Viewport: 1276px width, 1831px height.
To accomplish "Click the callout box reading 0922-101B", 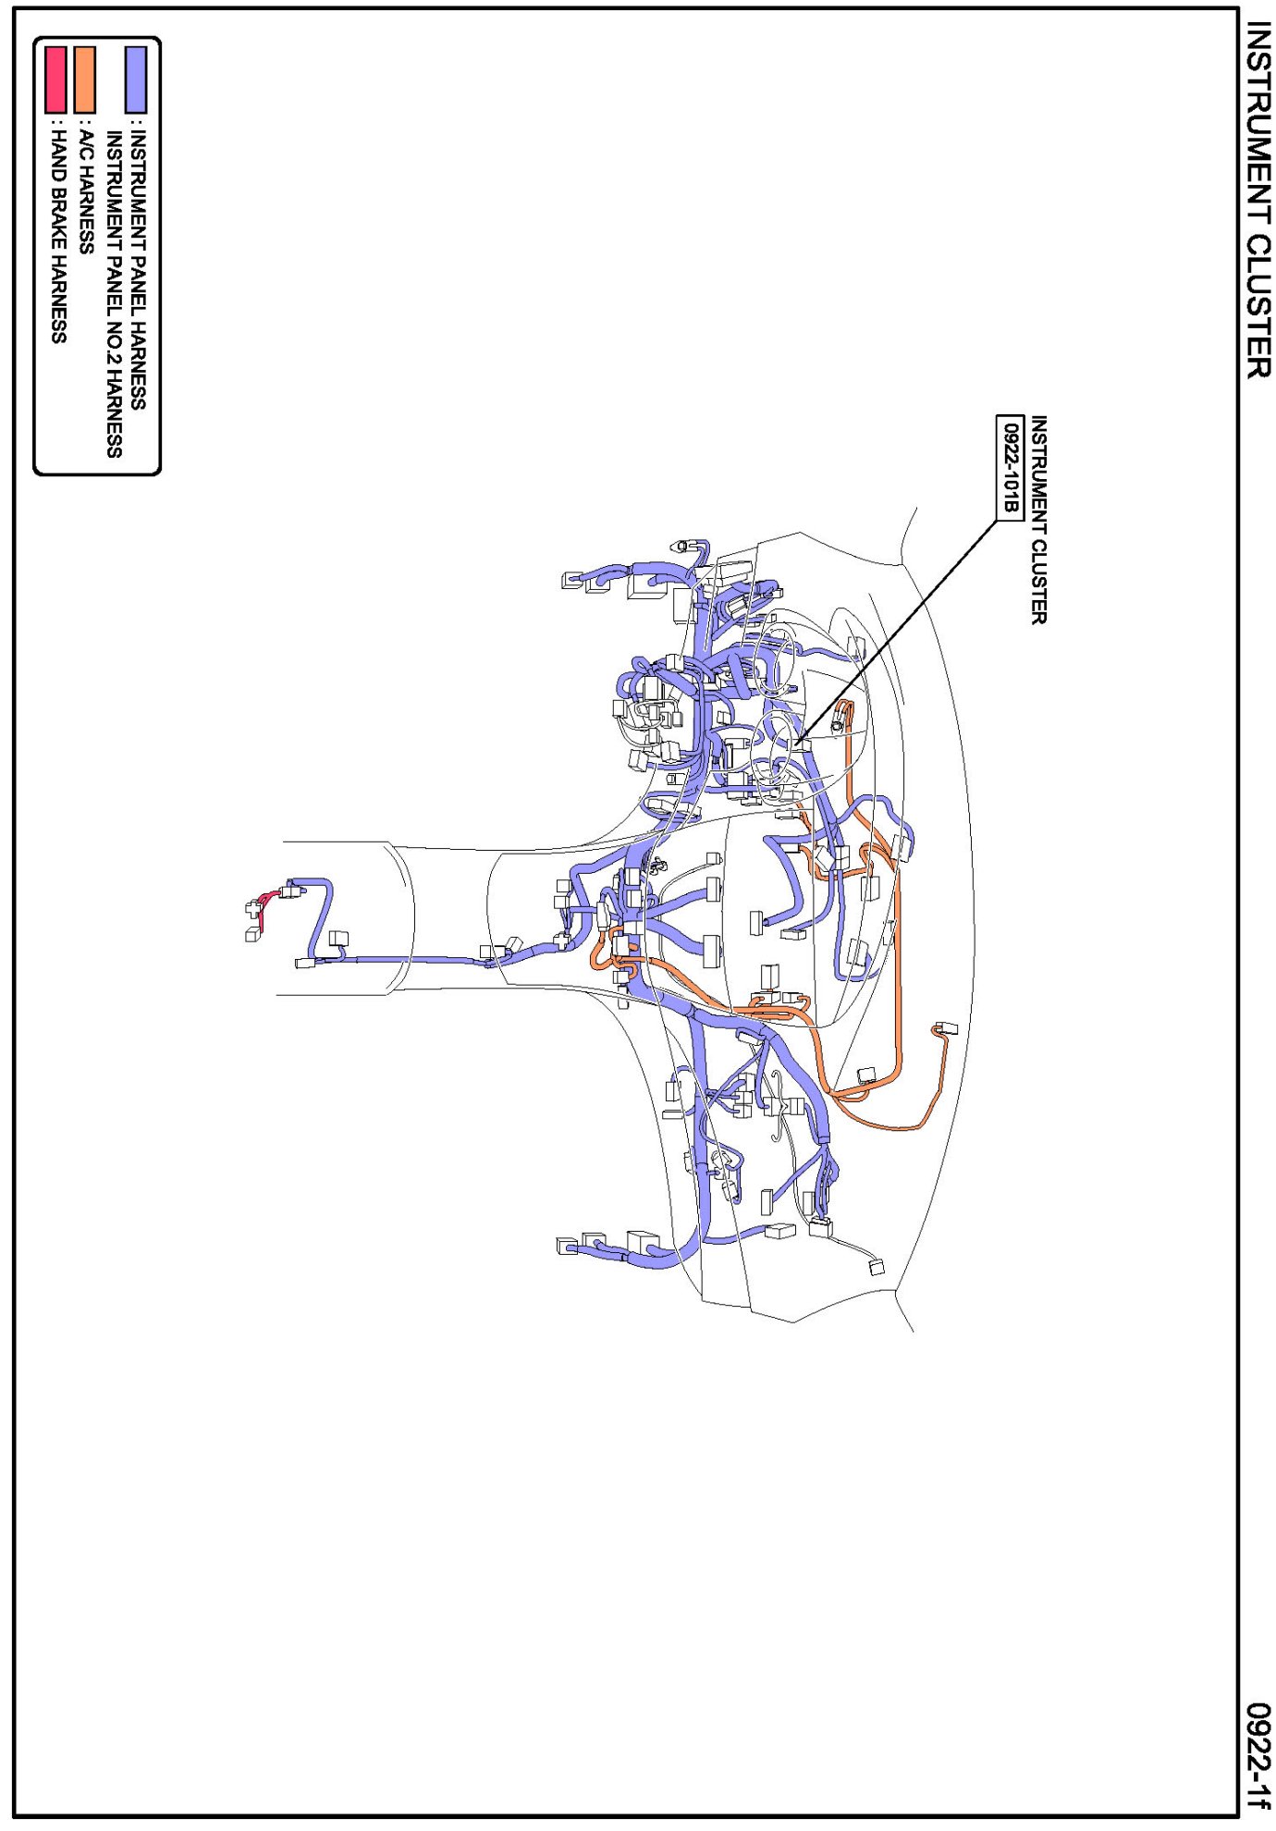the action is [x=1010, y=468].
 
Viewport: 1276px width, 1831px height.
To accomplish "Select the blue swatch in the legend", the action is [x=136, y=80].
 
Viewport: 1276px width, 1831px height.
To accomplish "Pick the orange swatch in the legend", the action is [x=84, y=80].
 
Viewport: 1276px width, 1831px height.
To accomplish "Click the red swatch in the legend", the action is [x=55, y=80].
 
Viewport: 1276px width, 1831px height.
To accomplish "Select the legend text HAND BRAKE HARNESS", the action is [x=57, y=237].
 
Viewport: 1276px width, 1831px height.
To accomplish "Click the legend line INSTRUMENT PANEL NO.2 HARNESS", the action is [x=114, y=294].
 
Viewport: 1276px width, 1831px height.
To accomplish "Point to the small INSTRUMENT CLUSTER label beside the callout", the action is [x=1039, y=520].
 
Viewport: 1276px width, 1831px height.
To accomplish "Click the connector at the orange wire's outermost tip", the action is [x=946, y=1028].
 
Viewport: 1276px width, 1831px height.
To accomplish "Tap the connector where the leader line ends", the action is [x=801, y=744].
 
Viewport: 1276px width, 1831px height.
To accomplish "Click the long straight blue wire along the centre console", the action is [x=407, y=960].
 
